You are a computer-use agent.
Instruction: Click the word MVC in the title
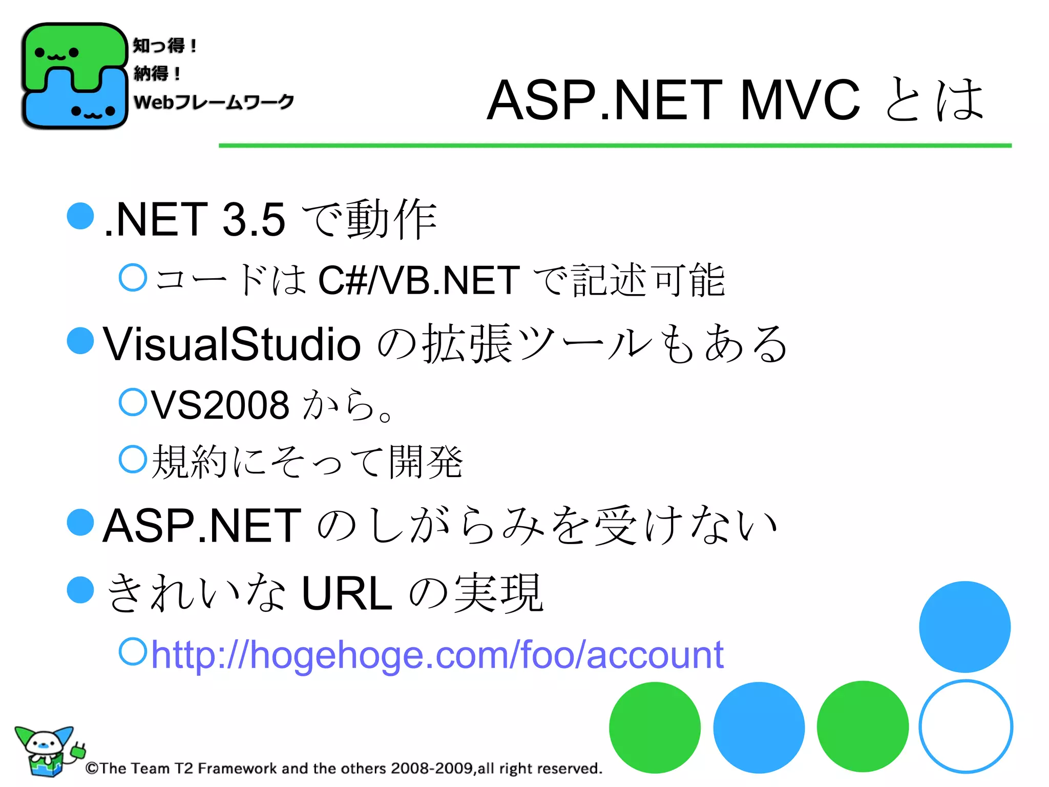tap(800, 100)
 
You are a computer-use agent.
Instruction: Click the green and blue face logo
tap(74, 76)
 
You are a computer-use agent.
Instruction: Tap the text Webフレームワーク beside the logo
tap(214, 102)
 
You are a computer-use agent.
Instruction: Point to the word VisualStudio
tap(232, 344)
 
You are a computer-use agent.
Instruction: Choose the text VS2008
tap(220, 405)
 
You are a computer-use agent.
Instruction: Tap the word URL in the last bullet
tap(347, 593)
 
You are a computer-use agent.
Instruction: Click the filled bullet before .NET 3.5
tap(80, 216)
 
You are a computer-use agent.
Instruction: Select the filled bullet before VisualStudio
tap(80, 340)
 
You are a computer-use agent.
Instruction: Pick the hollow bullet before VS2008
tap(133, 402)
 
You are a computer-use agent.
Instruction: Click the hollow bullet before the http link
tap(133, 651)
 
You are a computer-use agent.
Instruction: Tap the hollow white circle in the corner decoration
tap(966, 726)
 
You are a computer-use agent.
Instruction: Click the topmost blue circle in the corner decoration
tap(964, 627)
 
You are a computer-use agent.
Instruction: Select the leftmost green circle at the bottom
tap(655, 727)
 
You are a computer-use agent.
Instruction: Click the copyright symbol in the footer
tap(92, 768)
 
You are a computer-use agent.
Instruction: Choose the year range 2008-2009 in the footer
tap(431, 768)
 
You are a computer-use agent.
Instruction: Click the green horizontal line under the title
tap(615, 146)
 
